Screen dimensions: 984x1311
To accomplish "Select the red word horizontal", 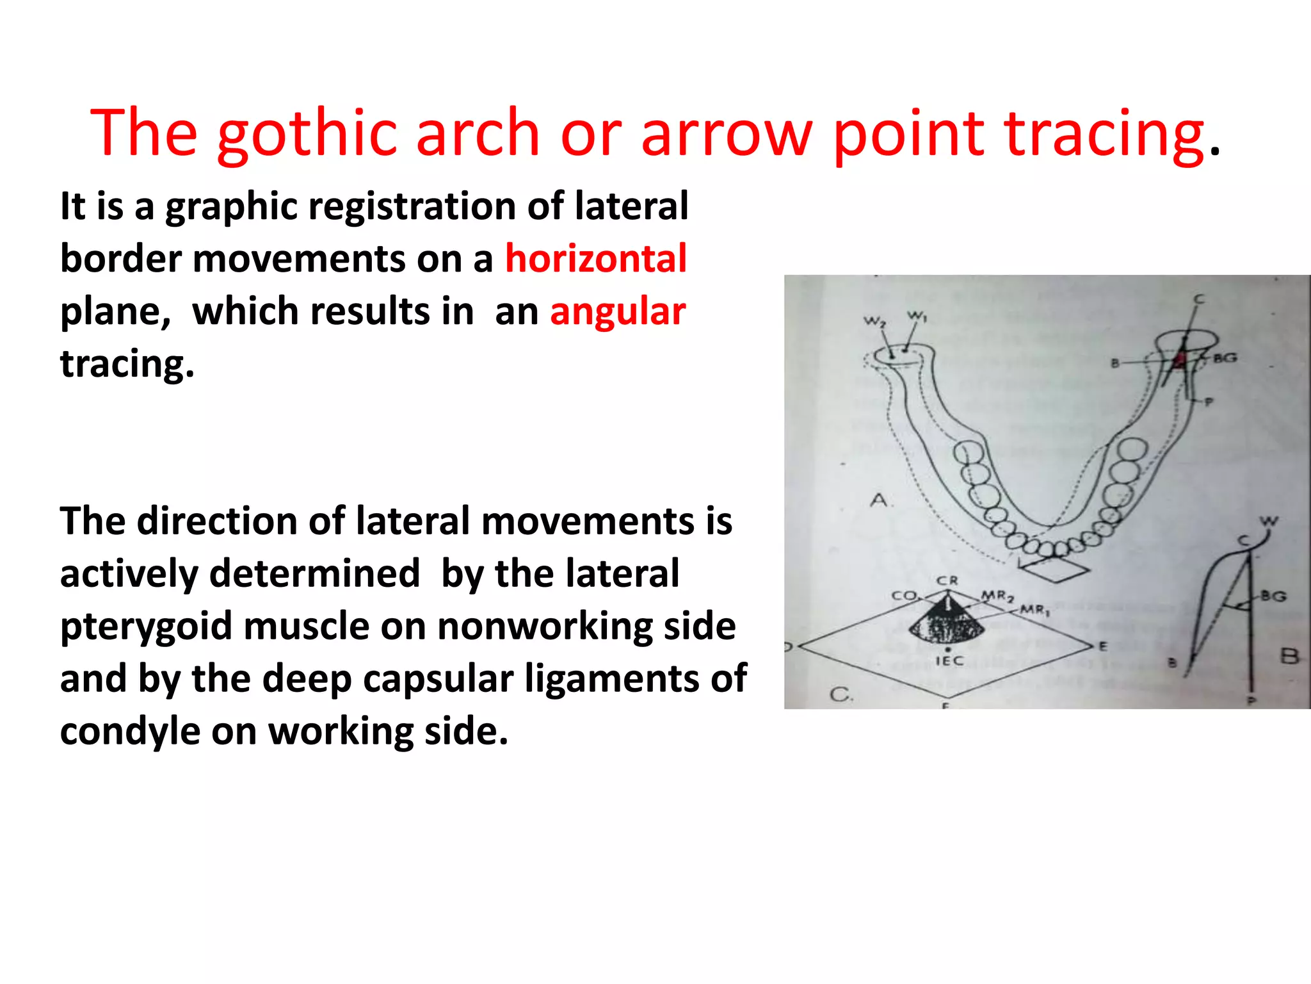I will [596, 259].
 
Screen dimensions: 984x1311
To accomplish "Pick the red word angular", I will [618, 312].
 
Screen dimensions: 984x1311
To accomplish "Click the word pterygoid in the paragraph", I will [146, 627].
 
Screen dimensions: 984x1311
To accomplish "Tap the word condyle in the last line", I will [130, 732].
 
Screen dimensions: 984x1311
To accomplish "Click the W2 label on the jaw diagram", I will [874, 321].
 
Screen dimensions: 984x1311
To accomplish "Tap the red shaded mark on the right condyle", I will [1179, 360].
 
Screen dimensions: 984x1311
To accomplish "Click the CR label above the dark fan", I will [947, 580].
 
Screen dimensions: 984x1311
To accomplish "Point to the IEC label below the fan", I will [949, 660].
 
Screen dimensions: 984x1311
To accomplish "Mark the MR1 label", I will [1034, 609].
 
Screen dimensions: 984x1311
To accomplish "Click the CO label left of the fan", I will [905, 595].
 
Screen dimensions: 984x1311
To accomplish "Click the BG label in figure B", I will [1273, 596].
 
